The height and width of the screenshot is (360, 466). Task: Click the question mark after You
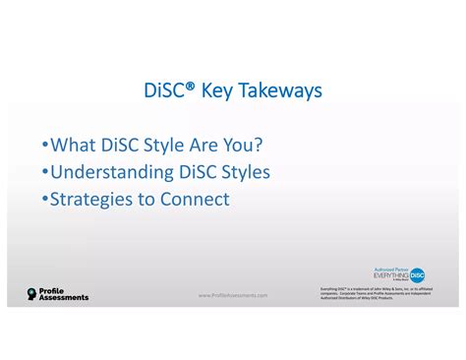coord(260,146)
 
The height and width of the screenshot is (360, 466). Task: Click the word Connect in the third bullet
coord(197,199)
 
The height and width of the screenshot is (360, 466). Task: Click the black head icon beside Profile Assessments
coord(31,294)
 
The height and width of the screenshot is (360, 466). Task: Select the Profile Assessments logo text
coord(63,294)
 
